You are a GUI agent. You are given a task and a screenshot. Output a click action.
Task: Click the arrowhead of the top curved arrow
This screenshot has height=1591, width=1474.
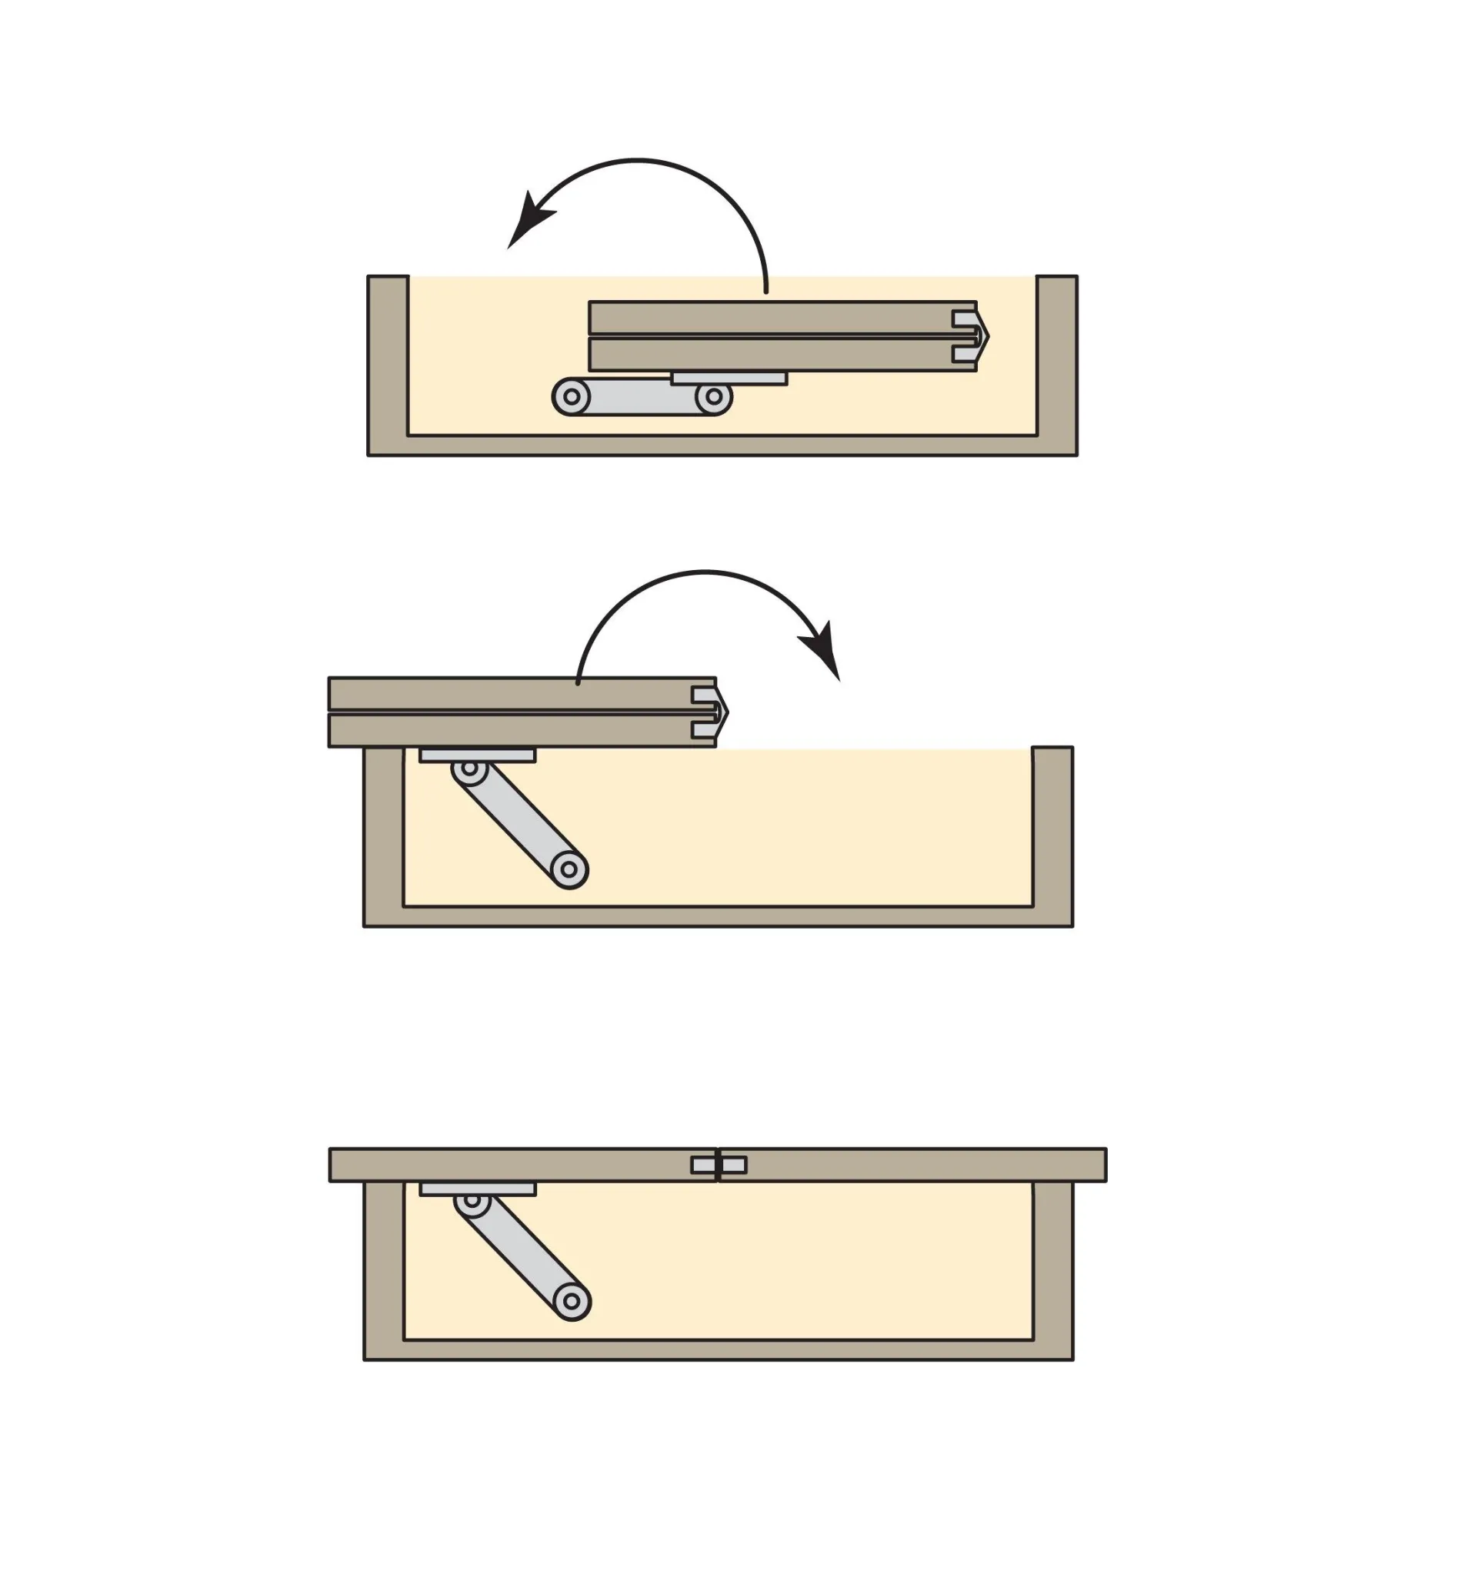point(526,223)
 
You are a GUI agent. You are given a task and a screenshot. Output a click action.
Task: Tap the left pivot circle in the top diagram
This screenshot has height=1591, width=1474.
point(571,396)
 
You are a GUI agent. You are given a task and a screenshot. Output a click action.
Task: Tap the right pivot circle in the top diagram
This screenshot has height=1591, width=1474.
point(714,396)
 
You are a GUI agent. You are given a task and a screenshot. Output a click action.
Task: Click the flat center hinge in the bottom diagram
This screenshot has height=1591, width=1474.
point(719,1165)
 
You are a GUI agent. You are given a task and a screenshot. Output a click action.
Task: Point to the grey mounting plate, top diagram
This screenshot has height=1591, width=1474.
point(729,379)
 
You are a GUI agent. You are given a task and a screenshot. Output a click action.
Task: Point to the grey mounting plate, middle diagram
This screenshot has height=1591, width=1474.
point(477,755)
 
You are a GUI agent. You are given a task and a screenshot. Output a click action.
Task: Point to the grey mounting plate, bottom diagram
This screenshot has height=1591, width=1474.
point(477,1189)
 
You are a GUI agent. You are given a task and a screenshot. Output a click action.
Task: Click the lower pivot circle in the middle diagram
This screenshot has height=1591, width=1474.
point(569,869)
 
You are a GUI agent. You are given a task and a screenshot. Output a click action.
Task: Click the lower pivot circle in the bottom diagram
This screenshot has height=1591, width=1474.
point(571,1302)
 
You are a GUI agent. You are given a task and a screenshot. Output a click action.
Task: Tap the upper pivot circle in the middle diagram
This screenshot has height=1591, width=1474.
point(470,769)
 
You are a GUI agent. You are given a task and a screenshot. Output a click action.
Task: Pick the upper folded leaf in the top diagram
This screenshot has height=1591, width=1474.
point(765,318)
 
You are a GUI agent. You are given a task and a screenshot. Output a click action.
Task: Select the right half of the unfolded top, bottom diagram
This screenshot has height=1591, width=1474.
point(917,1165)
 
